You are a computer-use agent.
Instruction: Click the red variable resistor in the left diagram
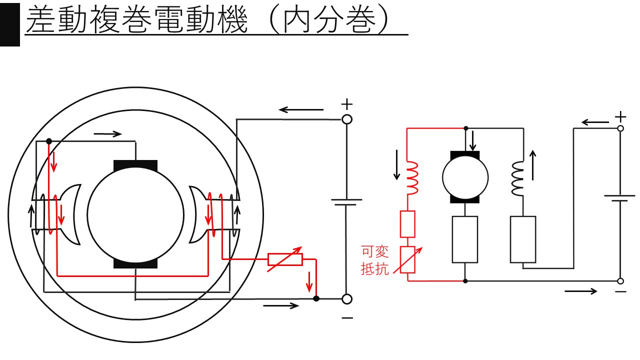coord(285,259)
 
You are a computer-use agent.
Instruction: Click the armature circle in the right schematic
coord(465,176)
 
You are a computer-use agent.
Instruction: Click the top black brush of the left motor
coord(135,165)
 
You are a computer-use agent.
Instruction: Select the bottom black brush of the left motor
coord(135,263)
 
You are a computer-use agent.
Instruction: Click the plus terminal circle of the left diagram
coord(346,119)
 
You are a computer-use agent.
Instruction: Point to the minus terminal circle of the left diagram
coord(346,299)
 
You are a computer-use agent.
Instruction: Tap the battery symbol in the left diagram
coord(346,202)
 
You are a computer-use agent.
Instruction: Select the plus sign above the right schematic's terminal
coord(620,117)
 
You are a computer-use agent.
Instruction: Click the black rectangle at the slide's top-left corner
coord(10,23)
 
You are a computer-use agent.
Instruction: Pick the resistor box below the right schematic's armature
coord(465,239)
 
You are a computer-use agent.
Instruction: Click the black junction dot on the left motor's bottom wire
coord(316,299)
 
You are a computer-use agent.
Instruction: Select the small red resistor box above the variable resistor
coord(407,224)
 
